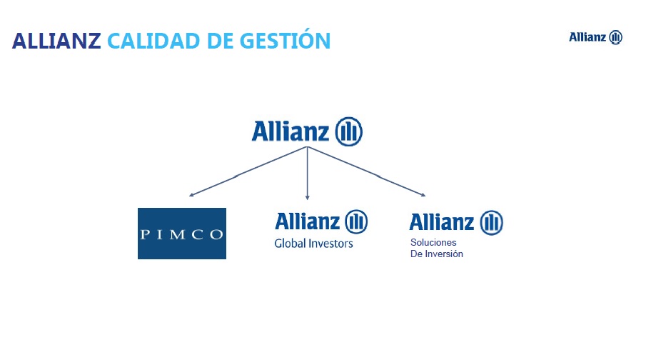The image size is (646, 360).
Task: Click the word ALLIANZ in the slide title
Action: point(56,41)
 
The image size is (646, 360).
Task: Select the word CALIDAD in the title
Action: point(153,41)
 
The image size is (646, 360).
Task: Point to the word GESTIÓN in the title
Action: point(285,39)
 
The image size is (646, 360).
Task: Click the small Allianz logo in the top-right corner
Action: point(596,37)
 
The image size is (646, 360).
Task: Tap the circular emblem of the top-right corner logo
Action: point(615,37)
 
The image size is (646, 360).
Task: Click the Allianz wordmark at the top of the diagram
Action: point(291,131)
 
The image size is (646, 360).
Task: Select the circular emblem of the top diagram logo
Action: point(348,131)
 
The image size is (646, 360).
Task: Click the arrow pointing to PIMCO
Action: point(248,171)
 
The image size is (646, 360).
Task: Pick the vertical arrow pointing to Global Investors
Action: point(308,173)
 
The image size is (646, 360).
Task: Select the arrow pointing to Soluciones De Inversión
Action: point(366,171)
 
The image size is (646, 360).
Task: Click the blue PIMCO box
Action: point(182,234)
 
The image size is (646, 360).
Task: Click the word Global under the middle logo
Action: point(290,244)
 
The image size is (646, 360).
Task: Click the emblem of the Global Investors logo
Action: point(356,222)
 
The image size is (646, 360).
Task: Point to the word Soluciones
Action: point(433,242)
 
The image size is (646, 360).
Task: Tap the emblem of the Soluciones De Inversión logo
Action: point(492,223)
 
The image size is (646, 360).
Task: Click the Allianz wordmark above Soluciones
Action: point(442,222)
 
